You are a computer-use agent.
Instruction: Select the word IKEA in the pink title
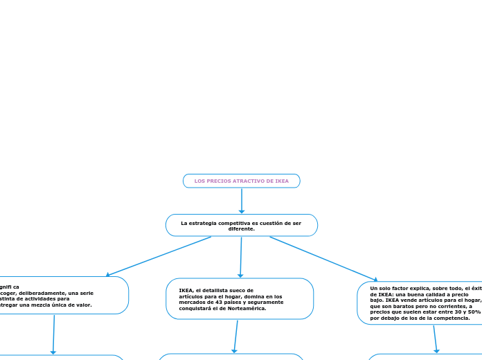click(x=282, y=181)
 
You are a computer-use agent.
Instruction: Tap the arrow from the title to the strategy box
click(x=242, y=201)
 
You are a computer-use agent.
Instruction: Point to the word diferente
click(x=241, y=229)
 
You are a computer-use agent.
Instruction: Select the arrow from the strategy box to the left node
click(x=159, y=256)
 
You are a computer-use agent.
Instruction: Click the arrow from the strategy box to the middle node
click(x=241, y=258)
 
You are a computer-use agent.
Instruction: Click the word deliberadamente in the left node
click(x=47, y=293)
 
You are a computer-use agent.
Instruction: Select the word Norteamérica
click(x=250, y=308)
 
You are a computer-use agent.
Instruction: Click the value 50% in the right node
click(x=474, y=312)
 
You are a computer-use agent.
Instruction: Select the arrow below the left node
click(x=53, y=334)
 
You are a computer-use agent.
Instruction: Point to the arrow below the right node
click(x=436, y=339)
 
